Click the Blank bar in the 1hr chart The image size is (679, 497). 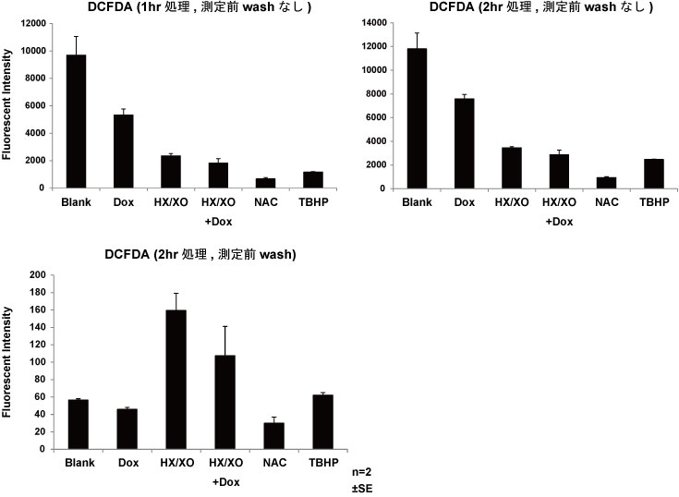[x=76, y=121]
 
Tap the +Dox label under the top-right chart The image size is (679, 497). [x=560, y=223]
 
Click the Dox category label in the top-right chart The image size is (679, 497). [x=465, y=201]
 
